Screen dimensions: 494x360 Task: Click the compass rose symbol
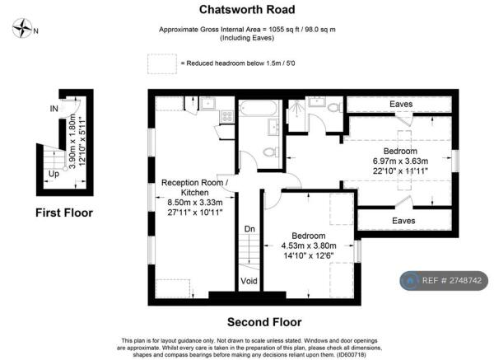coord(22,28)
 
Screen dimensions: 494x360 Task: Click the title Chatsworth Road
coord(247,9)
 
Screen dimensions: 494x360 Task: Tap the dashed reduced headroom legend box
coord(162,63)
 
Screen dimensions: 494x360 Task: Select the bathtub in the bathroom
coord(259,108)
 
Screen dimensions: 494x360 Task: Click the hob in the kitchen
coord(226,116)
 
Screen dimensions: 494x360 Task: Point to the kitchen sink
coord(208,103)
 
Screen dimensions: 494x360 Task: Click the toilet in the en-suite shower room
coord(335,107)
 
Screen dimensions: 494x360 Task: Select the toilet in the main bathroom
coord(271,152)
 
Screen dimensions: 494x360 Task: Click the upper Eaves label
coord(401,104)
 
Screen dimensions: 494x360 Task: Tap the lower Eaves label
coord(403,221)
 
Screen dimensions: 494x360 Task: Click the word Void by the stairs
coord(249,281)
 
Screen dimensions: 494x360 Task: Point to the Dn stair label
coord(249,229)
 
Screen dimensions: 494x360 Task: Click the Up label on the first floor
coord(54,174)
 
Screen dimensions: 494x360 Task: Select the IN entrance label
coord(54,109)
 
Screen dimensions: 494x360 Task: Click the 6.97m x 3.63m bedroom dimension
coord(400,161)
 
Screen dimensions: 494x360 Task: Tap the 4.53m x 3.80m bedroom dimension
coord(309,245)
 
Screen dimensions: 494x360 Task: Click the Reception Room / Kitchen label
coord(194,188)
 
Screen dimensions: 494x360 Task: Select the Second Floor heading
coord(264,322)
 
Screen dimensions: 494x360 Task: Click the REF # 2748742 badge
coord(444,281)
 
